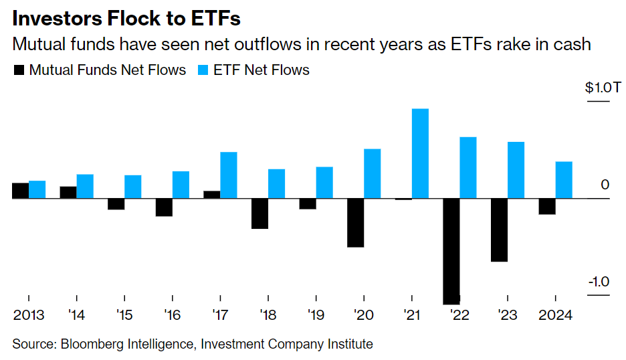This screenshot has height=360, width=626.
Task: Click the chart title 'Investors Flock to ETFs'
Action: click(126, 17)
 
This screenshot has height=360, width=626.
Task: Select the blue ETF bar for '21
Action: click(420, 153)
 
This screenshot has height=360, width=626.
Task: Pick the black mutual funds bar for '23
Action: click(499, 230)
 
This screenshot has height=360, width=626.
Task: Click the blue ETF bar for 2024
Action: click(564, 180)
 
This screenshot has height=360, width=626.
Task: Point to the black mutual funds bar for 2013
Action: click(21, 191)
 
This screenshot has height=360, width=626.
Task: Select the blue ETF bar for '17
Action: click(229, 175)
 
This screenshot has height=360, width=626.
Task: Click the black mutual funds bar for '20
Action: click(356, 223)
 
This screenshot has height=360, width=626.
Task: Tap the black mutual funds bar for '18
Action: click(259, 213)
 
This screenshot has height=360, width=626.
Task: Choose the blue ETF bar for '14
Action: click(85, 187)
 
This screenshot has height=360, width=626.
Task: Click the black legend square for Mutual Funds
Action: click(19, 70)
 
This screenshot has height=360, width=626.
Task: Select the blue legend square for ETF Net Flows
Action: click(203, 70)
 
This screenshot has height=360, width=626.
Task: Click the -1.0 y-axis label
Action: click(599, 282)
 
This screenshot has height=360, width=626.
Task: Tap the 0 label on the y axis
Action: click(605, 185)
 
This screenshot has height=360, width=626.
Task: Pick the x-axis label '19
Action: click(316, 314)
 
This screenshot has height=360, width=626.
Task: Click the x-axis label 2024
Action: click(555, 314)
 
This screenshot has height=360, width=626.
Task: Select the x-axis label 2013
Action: click(29, 314)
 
